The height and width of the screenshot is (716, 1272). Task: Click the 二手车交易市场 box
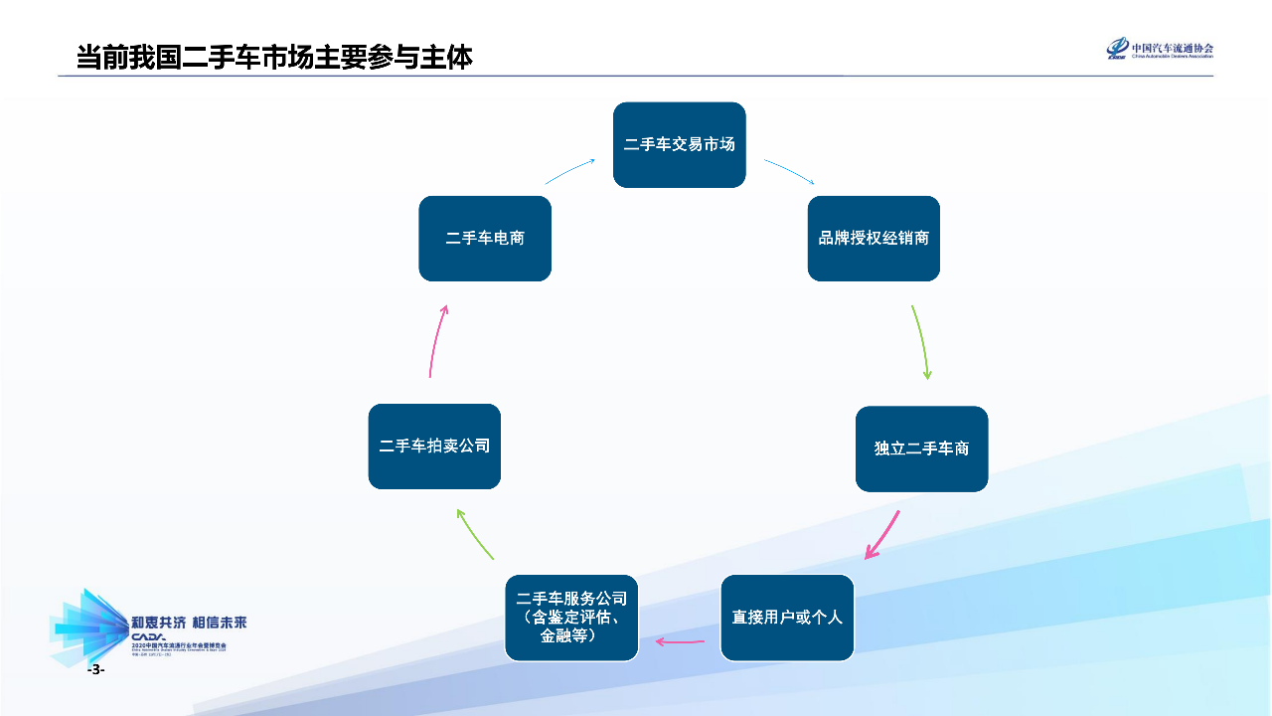coord(679,144)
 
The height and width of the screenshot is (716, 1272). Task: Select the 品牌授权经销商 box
coord(874,239)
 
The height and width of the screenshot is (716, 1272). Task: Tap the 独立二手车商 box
coord(921,448)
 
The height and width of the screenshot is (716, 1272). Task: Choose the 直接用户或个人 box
coord(787,618)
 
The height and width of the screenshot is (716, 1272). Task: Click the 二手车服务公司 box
coord(571,618)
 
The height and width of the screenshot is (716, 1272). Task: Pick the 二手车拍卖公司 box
coord(434,447)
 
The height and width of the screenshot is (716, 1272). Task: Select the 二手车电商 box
coord(485,239)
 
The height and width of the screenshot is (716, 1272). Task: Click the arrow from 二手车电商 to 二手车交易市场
coord(570,170)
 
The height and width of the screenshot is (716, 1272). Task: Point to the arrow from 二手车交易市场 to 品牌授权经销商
coord(789,171)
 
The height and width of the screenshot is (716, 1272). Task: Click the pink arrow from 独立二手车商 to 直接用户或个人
coord(882,535)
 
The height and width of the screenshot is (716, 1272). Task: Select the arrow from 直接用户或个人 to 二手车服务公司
coord(680,641)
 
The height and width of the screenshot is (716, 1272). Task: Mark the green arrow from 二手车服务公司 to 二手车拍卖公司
coord(474,534)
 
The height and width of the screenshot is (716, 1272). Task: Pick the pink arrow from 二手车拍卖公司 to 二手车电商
coord(436,340)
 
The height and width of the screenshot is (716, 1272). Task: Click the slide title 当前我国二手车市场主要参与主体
coord(274,57)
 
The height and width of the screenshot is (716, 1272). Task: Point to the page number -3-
coord(95,671)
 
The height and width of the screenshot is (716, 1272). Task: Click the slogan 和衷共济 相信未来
coord(189,624)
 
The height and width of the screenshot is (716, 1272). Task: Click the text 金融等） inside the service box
coord(567,636)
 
